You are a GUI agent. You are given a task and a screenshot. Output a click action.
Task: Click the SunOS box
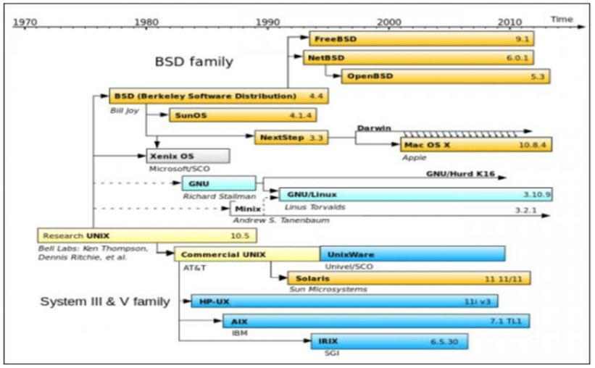(x=243, y=115)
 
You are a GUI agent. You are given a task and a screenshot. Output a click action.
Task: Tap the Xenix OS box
(x=188, y=155)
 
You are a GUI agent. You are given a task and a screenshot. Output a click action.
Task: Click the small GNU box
(x=218, y=184)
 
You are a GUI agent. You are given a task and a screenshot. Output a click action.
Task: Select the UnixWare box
(x=412, y=254)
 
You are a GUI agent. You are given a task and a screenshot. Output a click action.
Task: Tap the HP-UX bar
(x=344, y=300)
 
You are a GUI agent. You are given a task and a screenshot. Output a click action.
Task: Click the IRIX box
(x=388, y=340)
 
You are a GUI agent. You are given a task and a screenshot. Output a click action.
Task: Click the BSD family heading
(x=194, y=62)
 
